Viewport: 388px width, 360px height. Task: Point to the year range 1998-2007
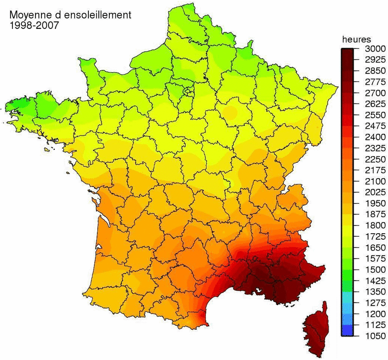[x=33, y=25]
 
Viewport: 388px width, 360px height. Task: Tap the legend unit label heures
[x=356, y=39]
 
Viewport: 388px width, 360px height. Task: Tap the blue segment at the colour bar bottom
[x=348, y=330]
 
